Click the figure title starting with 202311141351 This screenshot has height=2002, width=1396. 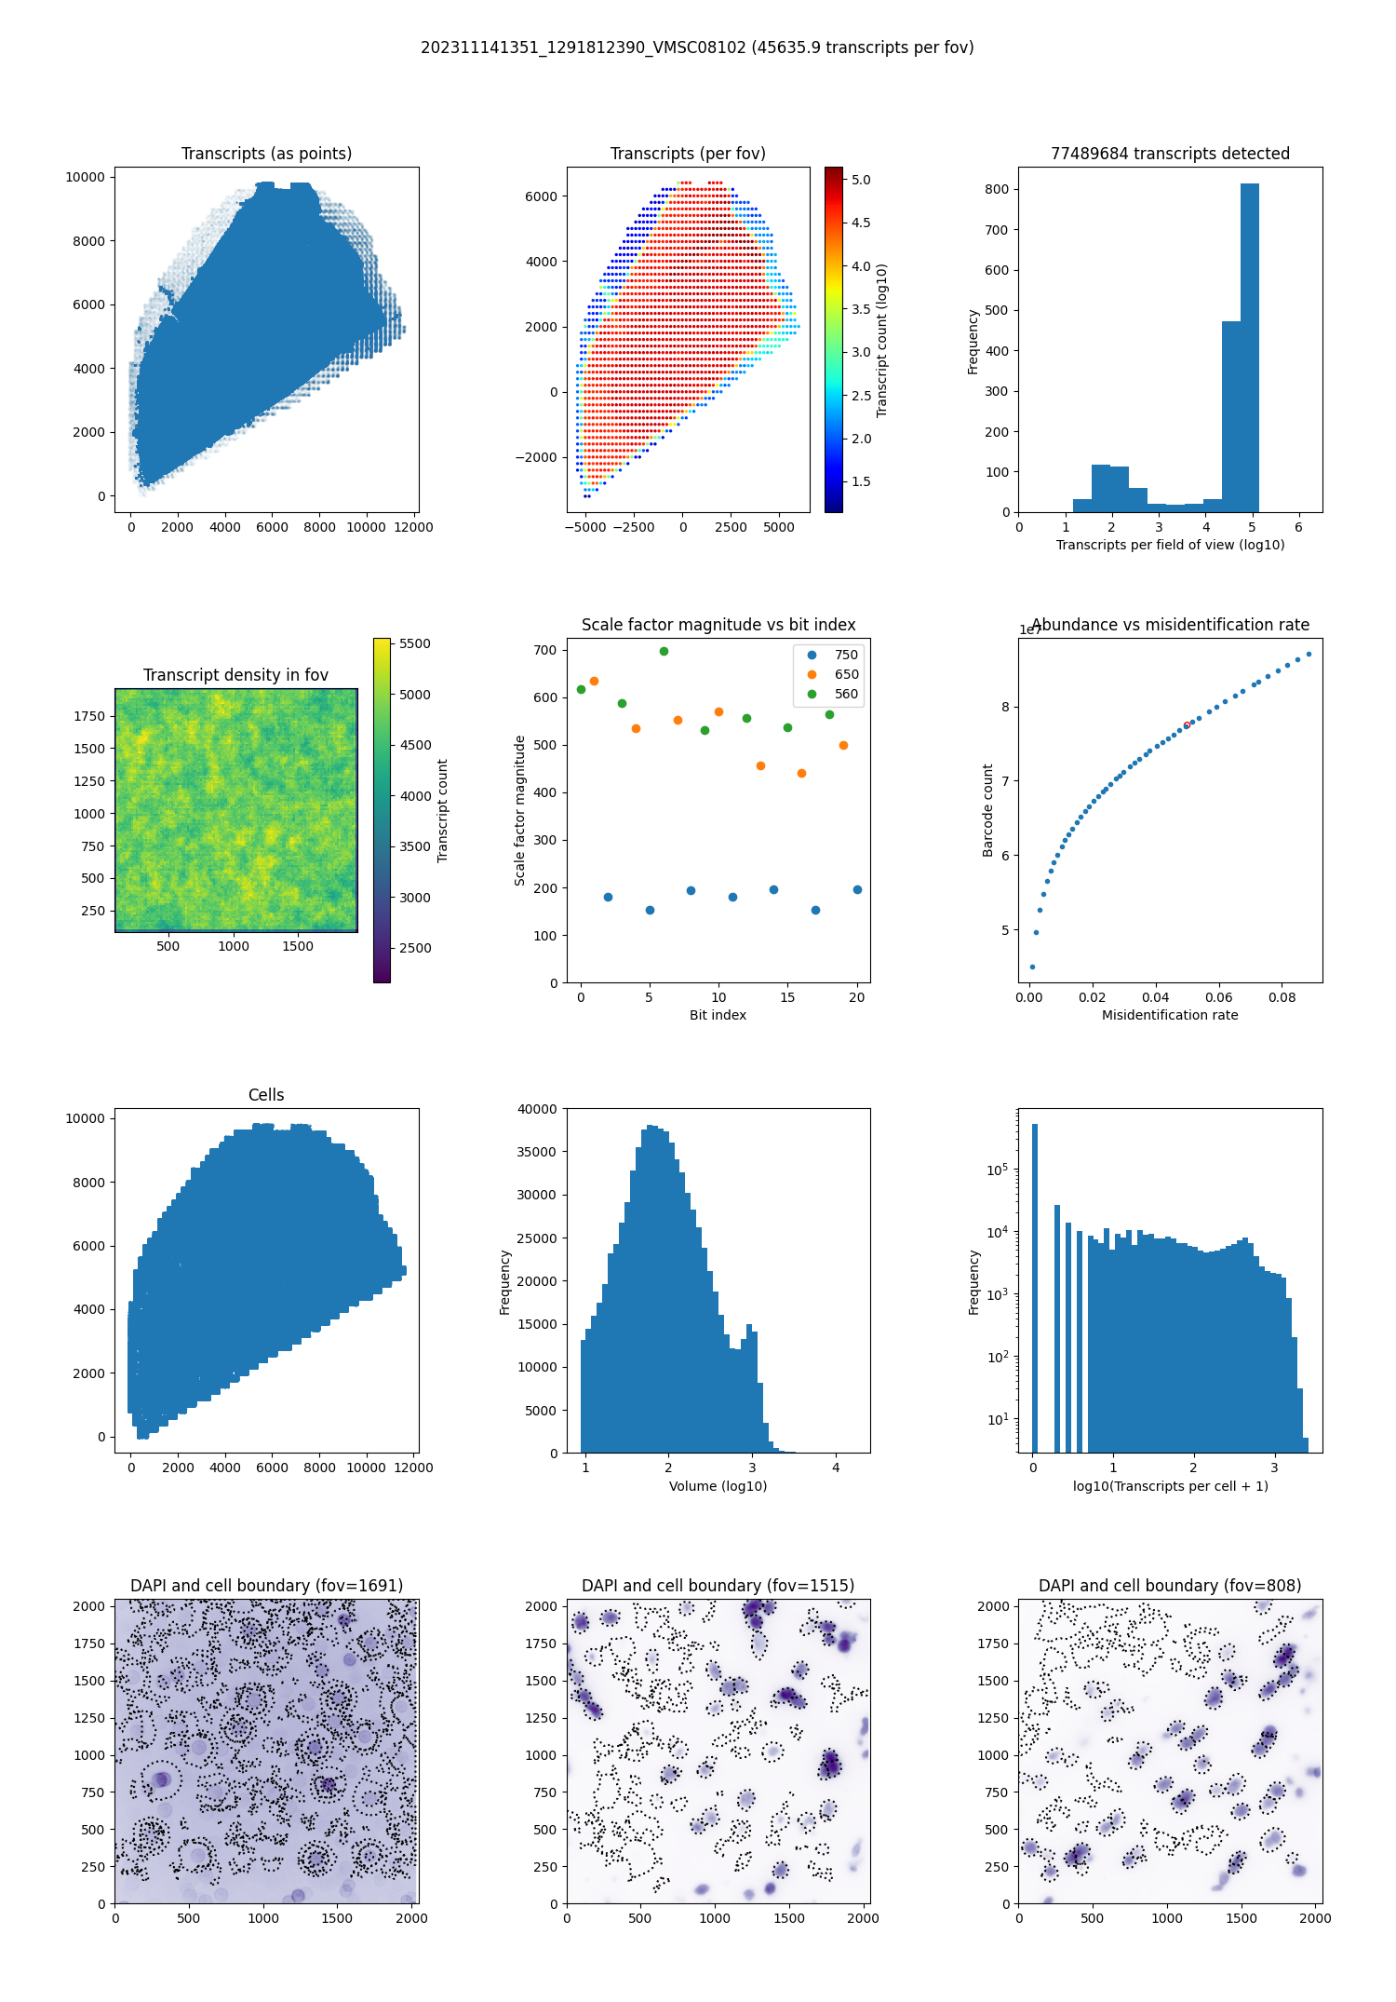click(x=697, y=47)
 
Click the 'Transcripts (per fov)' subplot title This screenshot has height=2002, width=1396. click(x=688, y=154)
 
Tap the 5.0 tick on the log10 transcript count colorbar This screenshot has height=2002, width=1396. click(x=861, y=180)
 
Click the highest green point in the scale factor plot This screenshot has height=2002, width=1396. click(x=664, y=651)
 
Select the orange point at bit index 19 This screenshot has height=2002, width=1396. click(x=843, y=745)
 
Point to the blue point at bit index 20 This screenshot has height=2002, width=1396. click(x=857, y=889)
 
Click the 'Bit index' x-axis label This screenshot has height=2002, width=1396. click(x=718, y=1015)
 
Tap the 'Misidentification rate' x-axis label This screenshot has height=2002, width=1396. click(x=1170, y=1015)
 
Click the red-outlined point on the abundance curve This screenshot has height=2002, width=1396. click(x=1187, y=724)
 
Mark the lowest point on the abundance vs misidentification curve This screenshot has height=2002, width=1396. click(x=1032, y=967)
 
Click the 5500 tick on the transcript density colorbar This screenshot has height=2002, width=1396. click(x=414, y=643)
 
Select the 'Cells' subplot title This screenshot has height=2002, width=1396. click(x=266, y=1095)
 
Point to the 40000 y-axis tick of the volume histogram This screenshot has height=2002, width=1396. click(x=538, y=1109)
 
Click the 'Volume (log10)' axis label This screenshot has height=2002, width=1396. click(x=718, y=1486)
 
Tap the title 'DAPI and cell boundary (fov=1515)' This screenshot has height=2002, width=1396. click(x=718, y=1586)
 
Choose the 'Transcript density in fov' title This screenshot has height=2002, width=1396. click(x=235, y=675)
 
